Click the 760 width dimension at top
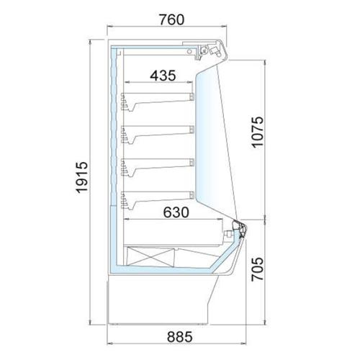point(171,20)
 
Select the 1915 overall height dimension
point(82,178)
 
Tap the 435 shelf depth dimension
point(163,76)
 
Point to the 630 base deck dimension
point(176,212)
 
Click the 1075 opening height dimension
point(257,132)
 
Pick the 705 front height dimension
point(257,269)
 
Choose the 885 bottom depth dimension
point(180,337)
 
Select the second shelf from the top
point(157,134)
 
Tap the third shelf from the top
point(157,167)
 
